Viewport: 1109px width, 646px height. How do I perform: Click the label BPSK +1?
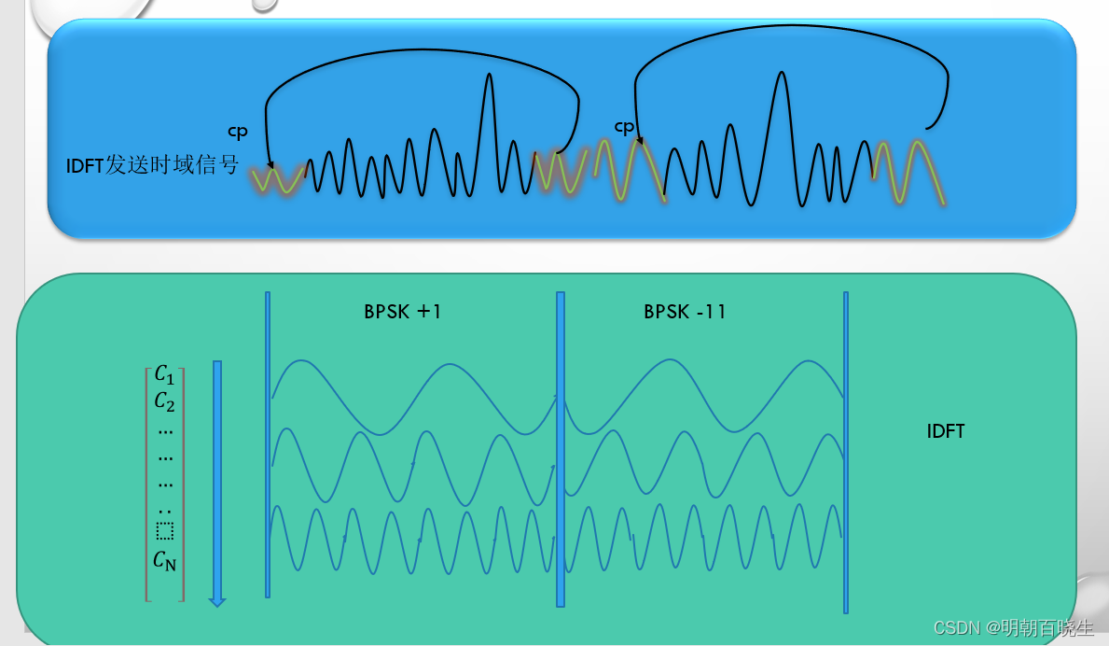click(402, 312)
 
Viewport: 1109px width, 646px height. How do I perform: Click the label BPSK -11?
click(685, 312)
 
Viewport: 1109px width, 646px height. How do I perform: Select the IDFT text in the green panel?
click(946, 431)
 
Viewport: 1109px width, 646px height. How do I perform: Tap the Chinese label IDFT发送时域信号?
click(152, 166)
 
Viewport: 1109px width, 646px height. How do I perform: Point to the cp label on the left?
click(238, 133)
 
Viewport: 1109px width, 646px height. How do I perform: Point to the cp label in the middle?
click(624, 126)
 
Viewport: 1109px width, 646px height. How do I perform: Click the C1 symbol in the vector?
click(165, 374)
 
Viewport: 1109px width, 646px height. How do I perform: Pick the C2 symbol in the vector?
click(165, 402)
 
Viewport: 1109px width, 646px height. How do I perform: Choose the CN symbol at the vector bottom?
click(165, 561)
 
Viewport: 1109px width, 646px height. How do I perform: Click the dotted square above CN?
click(165, 531)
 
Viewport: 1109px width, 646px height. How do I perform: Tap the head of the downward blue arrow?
click(217, 601)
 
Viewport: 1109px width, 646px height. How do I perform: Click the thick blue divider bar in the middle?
click(561, 448)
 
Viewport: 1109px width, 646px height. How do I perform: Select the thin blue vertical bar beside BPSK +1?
click(268, 443)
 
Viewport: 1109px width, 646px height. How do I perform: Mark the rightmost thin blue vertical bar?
click(846, 452)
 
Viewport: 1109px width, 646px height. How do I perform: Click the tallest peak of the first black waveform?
click(489, 77)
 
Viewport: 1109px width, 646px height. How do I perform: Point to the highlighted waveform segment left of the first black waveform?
click(278, 180)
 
